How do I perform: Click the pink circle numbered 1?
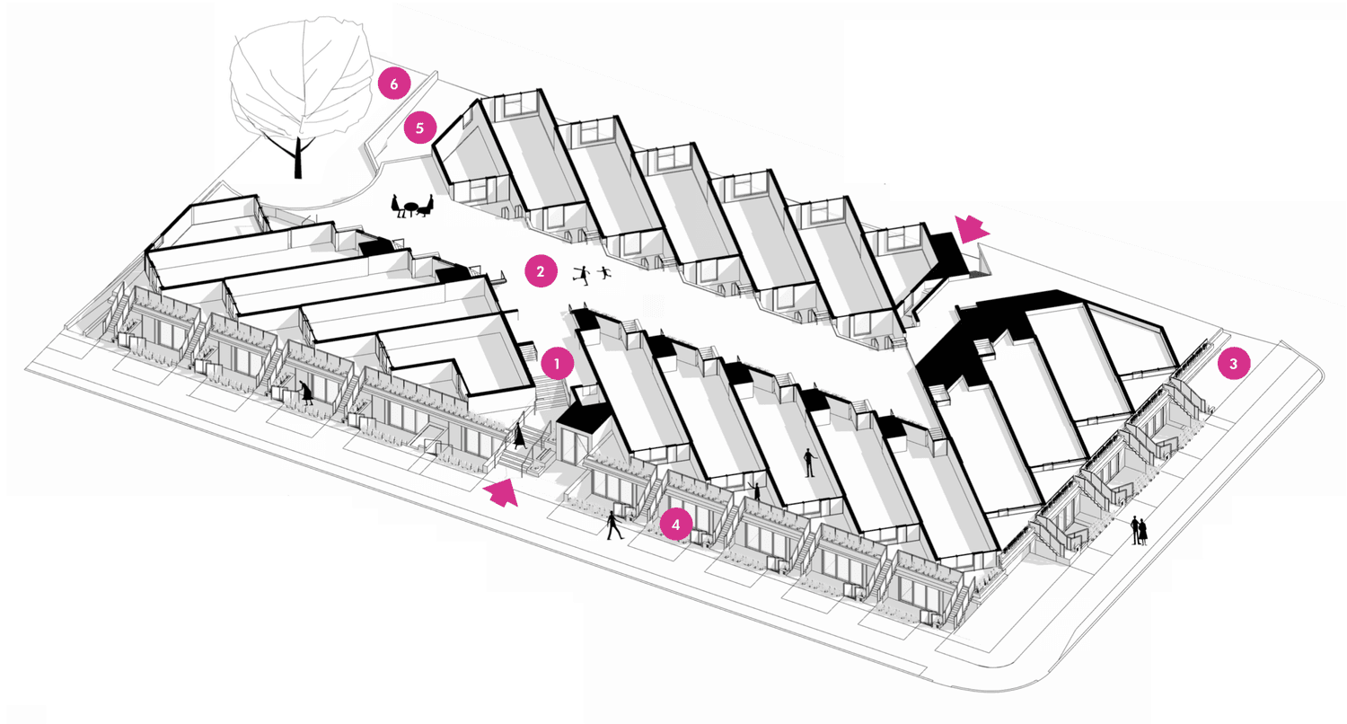[558, 365]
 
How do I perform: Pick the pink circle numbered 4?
[676, 524]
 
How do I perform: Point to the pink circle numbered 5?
[419, 128]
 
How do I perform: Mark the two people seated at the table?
[414, 207]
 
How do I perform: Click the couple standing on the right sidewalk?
[1139, 530]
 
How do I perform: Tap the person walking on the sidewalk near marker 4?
[614, 525]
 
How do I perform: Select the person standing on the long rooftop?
[809, 462]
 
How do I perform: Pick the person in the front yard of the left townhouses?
[308, 393]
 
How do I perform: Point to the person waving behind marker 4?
[756, 490]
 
